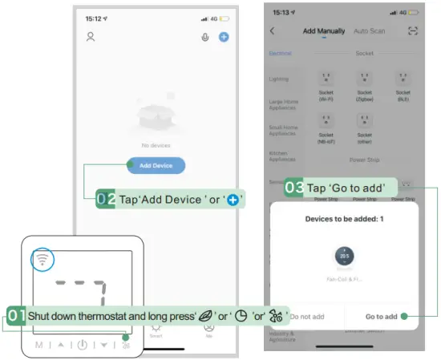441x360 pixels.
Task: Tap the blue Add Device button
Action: [156, 166]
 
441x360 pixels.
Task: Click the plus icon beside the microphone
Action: [224, 37]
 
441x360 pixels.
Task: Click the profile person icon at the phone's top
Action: [91, 37]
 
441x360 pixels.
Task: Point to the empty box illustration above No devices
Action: [156, 120]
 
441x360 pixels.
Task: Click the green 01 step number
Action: [16, 316]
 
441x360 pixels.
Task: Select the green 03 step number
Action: [294, 188]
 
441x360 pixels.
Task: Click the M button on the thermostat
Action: [38, 346]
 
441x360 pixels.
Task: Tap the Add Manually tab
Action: [324, 31]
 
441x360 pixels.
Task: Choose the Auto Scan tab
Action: [370, 31]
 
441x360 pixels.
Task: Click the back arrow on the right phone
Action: [273, 31]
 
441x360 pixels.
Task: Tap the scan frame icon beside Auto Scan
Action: [413, 30]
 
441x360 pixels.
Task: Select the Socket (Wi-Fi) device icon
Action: [326, 79]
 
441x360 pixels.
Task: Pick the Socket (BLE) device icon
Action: [403, 79]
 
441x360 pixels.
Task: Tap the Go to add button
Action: [381, 316]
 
